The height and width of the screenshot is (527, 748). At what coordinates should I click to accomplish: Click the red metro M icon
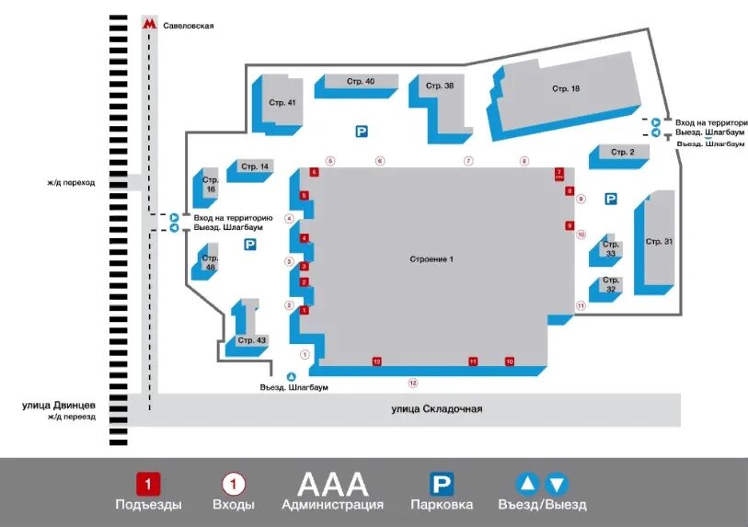[149, 25]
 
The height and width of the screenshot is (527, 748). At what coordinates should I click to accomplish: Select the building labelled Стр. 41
[282, 102]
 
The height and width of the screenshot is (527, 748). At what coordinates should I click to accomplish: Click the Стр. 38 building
[440, 86]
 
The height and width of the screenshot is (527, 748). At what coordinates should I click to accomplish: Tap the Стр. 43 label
[251, 340]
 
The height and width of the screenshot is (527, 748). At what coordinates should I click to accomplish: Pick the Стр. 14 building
[255, 166]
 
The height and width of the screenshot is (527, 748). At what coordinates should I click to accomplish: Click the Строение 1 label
[432, 259]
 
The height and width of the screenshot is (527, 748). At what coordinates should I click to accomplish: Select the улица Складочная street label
[436, 409]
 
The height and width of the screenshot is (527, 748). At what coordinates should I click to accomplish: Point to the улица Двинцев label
[60, 405]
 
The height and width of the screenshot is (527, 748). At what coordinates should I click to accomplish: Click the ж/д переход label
[72, 182]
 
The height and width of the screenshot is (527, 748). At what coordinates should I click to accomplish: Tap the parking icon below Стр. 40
[362, 132]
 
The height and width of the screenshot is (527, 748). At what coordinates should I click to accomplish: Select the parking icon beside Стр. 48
[249, 244]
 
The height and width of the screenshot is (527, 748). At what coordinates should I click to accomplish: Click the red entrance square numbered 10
[509, 361]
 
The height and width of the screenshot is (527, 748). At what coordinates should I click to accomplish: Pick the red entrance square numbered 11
[473, 361]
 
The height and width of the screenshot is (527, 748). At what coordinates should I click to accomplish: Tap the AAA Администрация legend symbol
[332, 484]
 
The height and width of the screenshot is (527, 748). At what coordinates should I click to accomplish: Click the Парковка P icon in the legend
[443, 484]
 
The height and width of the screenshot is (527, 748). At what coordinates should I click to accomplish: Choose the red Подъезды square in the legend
[148, 484]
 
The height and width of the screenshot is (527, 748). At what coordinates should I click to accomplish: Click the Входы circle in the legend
[234, 484]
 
